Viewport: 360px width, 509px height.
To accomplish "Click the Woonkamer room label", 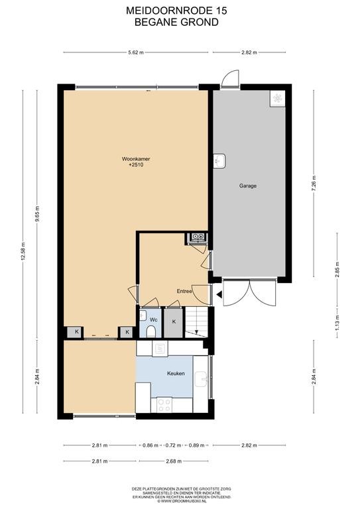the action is pyautogui.click(x=136, y=159).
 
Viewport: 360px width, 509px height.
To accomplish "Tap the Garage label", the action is pyautogui.click(x=248, y=186).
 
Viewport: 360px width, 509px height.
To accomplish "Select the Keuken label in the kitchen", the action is pyautogui.click(x=176, y=373).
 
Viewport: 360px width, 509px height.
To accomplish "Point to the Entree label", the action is pyautogui.click(x=184, y=291).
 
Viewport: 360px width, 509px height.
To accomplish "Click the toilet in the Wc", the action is pyautogui.click(x=150, y=332).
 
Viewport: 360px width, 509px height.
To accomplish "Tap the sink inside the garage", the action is pyautogui.click(x=219, y=161).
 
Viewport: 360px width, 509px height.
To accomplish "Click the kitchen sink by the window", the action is pyautogui.click(x=202, y=379).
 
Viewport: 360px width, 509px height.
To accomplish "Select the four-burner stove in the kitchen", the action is pyautogui.click(x=164, y=405).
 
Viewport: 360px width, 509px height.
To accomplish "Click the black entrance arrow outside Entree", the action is pyautogui.click(x=219, y=295).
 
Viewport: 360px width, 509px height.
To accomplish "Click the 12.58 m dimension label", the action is pyautogui.click(x=23, y=252).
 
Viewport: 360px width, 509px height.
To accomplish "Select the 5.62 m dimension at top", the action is pyautogui.click(x=136, y=52).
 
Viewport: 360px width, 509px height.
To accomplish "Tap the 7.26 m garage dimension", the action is pyautogui.click(x=314, y=184).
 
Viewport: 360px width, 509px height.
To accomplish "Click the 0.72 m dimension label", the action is pyautogui.click(x=173, y=445).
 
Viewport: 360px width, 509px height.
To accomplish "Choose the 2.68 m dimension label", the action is pyautogui.click(x=173, y=461).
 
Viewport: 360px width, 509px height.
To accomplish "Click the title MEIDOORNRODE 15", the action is pyautogui.click(x=176, y=11).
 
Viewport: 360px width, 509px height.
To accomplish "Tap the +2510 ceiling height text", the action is pyautogui.click(x=136, y=165).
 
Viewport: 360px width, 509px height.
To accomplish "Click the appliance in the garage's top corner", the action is pyautogui.click(x=278, y=98).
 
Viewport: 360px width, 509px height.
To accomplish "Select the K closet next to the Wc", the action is pyautogui.click(x=174, y=322).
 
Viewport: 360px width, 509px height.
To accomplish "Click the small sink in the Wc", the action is pyautogui.click(x=143, y=315).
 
